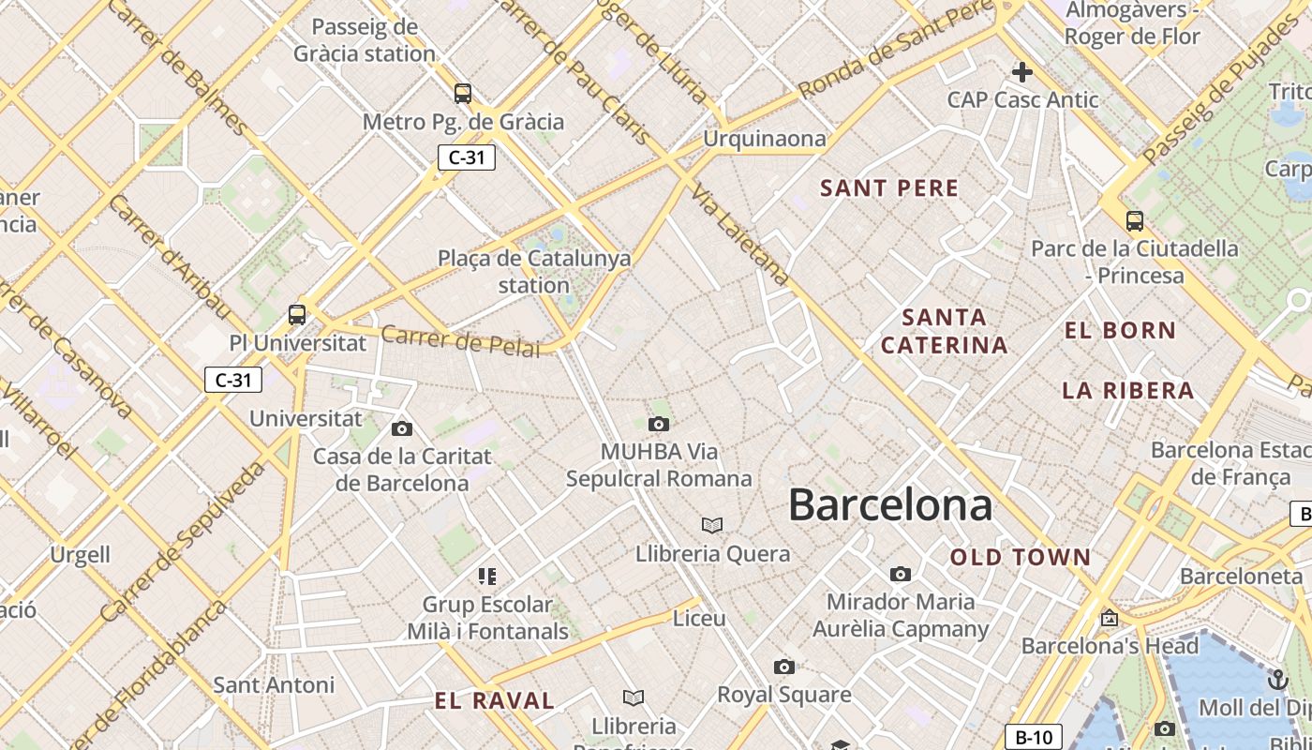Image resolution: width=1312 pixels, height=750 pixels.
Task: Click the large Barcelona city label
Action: pos(889,505)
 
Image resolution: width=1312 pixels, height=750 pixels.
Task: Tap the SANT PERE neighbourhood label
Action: pos(889,188)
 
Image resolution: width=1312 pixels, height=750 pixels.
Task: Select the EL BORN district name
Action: pos(1120,330)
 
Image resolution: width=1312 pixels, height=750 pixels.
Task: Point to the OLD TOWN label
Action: pos(1021,558)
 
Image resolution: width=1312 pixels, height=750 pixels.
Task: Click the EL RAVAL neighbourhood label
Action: pos(494,700)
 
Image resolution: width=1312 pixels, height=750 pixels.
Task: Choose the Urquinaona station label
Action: pos(765,140)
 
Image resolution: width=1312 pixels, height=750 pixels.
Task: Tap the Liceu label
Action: pos(699,619)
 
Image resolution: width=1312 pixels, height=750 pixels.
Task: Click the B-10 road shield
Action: pos(1034,737)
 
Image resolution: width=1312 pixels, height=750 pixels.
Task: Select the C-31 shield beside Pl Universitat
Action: pos(233,380)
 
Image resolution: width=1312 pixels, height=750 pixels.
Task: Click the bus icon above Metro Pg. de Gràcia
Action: pos(463,94)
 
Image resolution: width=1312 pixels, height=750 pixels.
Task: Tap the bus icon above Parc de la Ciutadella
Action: pos(1135,221)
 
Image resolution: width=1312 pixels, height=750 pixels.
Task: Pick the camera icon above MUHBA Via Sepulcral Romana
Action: pos(659,425)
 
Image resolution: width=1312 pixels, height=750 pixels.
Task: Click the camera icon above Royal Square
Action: pos(784,667)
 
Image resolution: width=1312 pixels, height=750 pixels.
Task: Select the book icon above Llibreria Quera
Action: pos(712,525)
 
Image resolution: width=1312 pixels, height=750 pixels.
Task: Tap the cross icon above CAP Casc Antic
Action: pos(1021,71)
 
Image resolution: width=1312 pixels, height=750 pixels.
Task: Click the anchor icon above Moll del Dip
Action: pos(1277,679)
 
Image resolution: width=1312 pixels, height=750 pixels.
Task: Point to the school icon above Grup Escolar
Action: pos(487,576)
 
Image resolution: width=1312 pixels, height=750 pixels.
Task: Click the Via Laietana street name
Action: pos(741,234)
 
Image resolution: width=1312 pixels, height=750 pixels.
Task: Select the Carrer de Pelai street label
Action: pos(460,341)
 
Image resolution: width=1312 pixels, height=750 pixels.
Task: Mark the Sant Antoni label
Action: pos(274,685)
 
